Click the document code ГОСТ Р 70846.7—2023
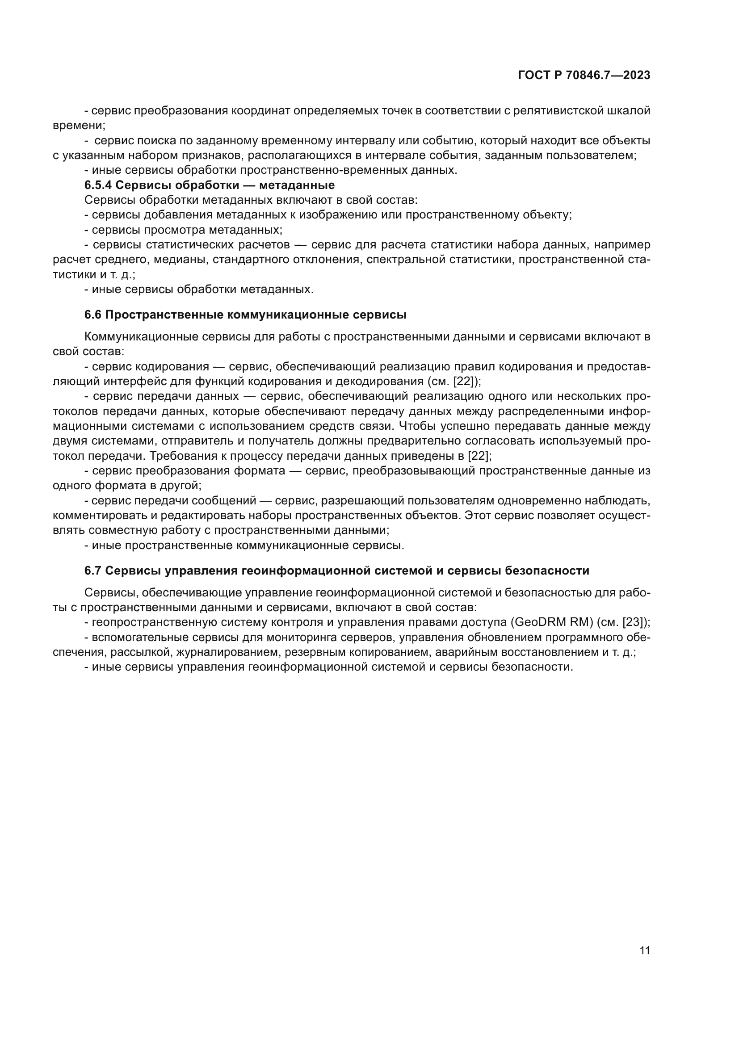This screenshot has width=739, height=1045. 584,76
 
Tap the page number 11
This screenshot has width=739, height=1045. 644,951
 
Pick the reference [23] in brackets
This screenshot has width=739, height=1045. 634,623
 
